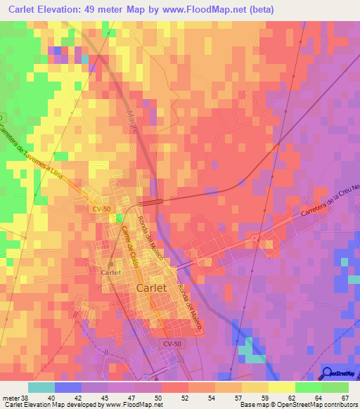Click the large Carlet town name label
(x=150, y=288)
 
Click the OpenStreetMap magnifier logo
(x=328, y=373)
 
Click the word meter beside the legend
(x=11, y=398)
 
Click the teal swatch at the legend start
(x=41, y=387)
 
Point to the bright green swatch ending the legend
(x=335, y=387)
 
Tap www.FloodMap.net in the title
(x=216, y=10)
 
